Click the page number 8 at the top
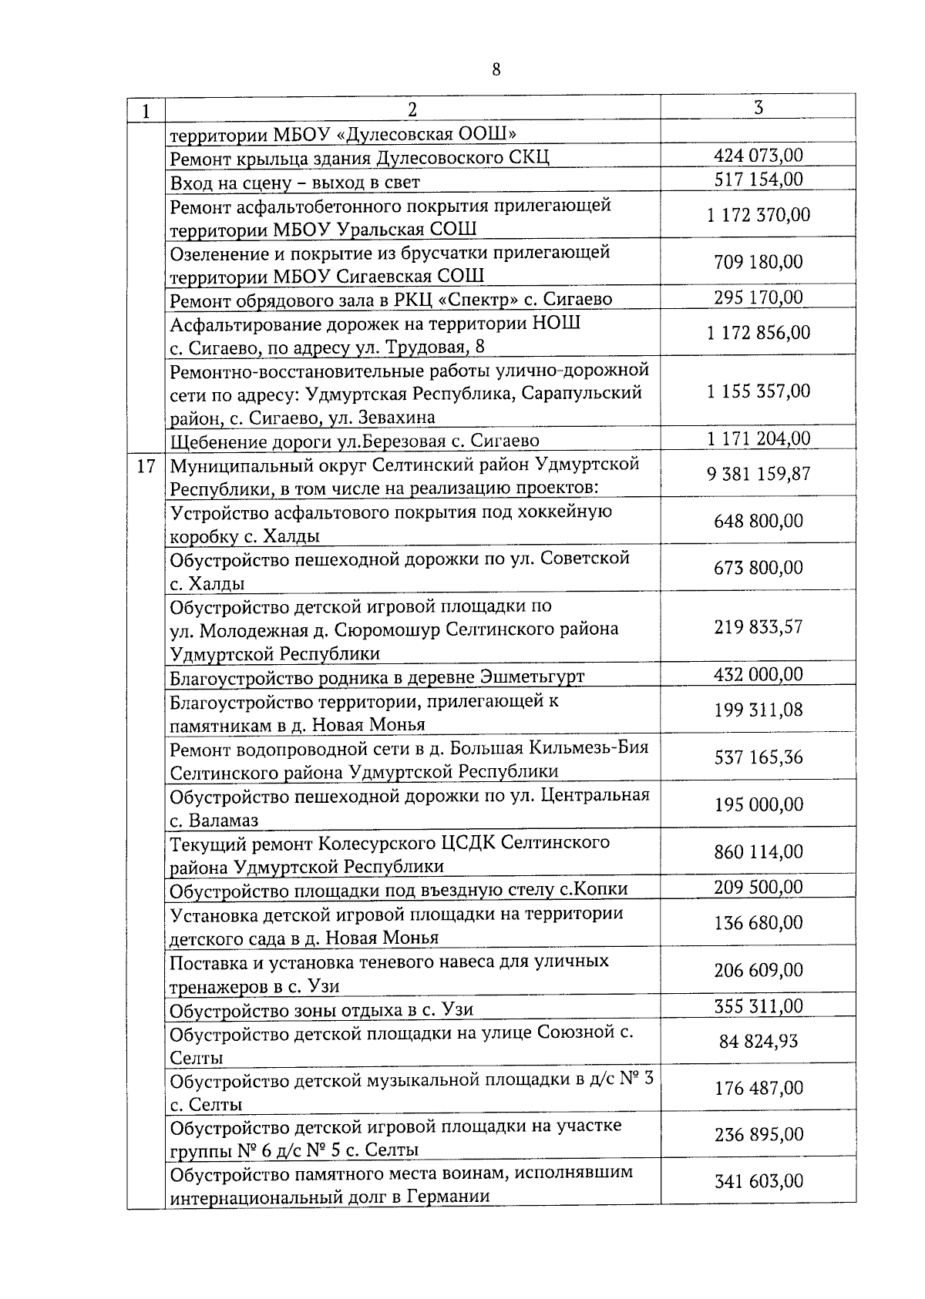(x=496, y=70)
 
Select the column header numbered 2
(x=412, y=109)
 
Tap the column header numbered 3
(x=758, y=107)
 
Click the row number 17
(x=146, y=467)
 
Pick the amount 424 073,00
(x=758, y=156)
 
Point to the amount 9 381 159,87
(x=758, y=474)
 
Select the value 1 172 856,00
(x=758, y=333)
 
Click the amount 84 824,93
(x=758, y=1042)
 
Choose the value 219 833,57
(x=758, y=627)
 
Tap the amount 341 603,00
(x=758, y=1181)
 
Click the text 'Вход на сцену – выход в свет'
(x=294, y=183)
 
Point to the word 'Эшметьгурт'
(x=532, y=677)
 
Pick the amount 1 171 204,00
(x=758, y=438)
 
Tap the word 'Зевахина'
(x=395, y=418)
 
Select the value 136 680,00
(x=758, y=922)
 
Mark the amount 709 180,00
(x=758, y=262)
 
